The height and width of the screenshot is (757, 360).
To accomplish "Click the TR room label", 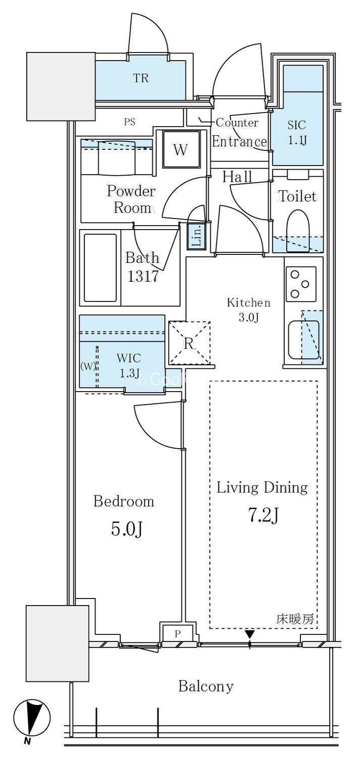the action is [141, 78].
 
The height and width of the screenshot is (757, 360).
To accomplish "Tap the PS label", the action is [130, 122].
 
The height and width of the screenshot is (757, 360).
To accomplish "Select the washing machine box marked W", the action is [181, 149].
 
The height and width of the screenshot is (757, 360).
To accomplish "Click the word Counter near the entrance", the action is [237, 122].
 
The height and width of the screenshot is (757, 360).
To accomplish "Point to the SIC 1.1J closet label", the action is [297, 132].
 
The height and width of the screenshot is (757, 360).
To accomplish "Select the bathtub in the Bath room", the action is [100, 267].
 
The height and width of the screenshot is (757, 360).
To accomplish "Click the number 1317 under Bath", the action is [143, 277].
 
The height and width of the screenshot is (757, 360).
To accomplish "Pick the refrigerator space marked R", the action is [189, 343].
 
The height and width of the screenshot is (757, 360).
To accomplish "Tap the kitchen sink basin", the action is [303, 340].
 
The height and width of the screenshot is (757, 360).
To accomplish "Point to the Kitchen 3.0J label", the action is [248, 309].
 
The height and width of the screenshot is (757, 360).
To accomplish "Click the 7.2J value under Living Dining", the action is [264, 515].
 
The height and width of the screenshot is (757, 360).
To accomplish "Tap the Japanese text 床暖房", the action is [295, 619].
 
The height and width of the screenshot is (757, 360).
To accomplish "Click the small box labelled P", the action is [178, 634].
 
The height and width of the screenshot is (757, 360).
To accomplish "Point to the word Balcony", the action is [206, 686].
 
